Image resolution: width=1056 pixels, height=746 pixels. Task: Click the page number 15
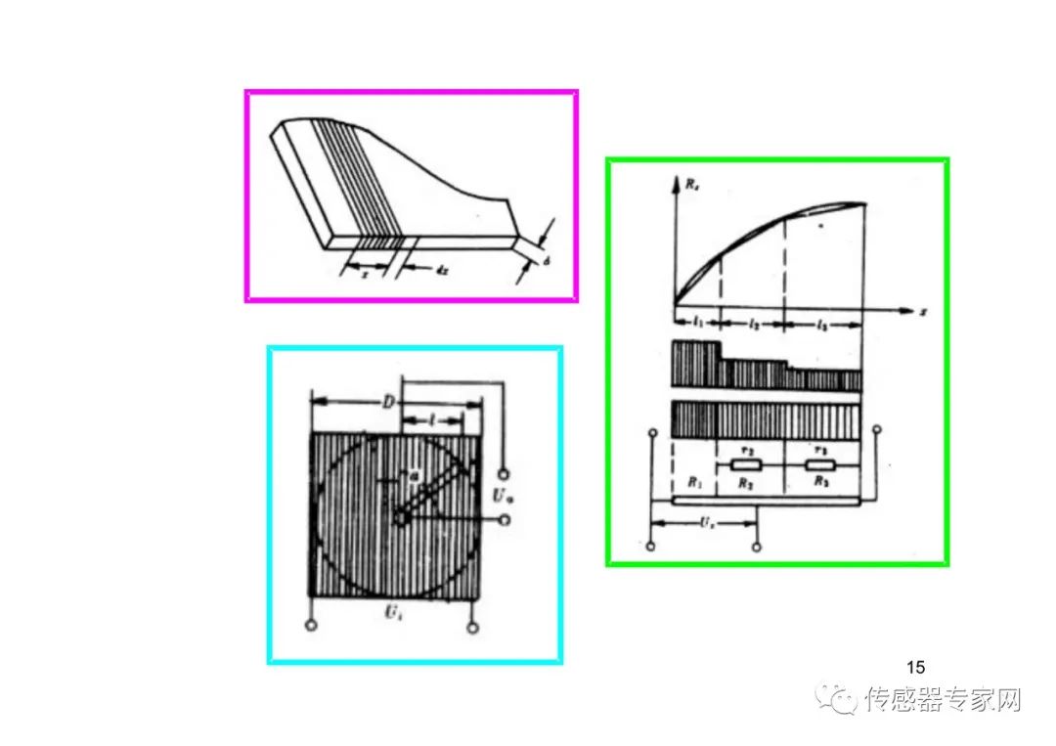click(x=915, y=668)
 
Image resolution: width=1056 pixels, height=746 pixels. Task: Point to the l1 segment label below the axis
click(x=696, y=322)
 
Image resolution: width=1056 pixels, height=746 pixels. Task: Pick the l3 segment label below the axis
click(x=822, y=322)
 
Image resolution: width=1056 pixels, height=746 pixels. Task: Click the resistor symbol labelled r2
click(x=745, y=466)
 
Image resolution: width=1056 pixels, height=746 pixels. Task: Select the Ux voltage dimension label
click(x=704, y=524)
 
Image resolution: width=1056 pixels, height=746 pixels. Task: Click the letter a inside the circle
click(x=413, y=475)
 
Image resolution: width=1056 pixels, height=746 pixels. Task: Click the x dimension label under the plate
click(x=365, y=275)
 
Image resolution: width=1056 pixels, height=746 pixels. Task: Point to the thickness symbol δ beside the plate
click(x=548, y=261)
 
